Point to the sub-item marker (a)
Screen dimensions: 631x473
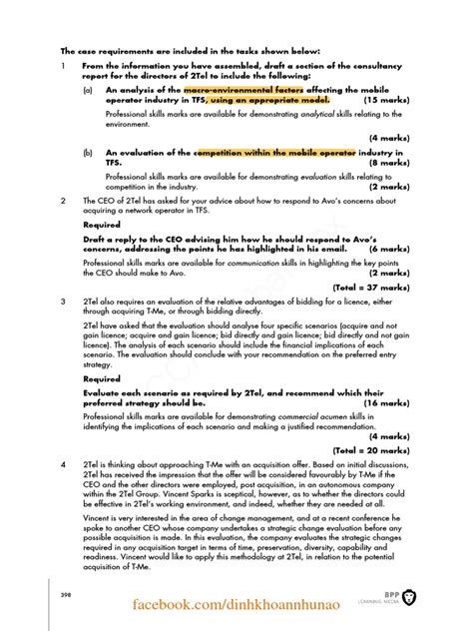coord(88,90)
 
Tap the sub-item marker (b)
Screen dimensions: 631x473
coord(88,153)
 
